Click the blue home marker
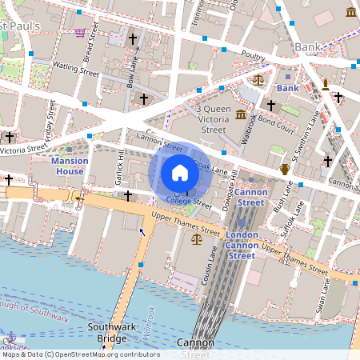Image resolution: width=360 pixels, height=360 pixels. [180, 172]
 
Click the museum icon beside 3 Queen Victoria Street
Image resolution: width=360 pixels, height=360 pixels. [241, 115]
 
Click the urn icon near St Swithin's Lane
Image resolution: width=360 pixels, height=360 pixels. [285, 168]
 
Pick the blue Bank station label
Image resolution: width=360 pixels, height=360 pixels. [286, 86]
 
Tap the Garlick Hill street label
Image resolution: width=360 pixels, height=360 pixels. [113, 166]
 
